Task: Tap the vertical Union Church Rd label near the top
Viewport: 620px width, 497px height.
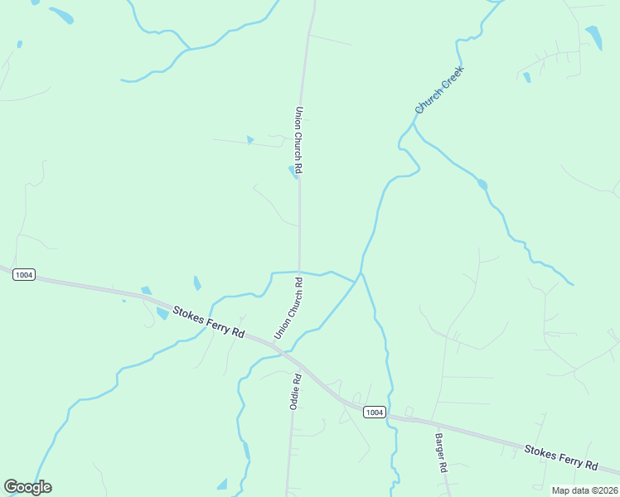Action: [x=298, y=140]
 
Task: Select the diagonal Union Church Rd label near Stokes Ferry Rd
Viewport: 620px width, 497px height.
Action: [x=288, y=308]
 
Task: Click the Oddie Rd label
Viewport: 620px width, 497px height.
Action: [x=294, y=390]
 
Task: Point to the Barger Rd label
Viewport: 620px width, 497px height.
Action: [x=442, y=452]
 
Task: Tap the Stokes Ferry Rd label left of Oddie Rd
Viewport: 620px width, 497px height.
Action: [x=208, y=322]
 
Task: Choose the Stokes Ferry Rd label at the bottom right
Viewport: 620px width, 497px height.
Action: [x=561, y=457]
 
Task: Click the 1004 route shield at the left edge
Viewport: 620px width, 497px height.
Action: [x=24, y=274]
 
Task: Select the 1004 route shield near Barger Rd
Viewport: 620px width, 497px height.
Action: [x=374, y=412]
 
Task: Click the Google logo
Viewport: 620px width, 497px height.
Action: [x=27, y=487]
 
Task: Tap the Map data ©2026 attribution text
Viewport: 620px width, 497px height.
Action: [x=584, y=490]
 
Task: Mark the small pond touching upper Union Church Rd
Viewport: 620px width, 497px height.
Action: [x=293, y=171]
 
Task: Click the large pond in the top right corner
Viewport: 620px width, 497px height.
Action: [x=594, y=37]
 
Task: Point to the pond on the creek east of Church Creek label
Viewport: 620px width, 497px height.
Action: [x=482, y=184]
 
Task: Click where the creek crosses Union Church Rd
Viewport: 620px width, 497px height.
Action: [x=300, y=271]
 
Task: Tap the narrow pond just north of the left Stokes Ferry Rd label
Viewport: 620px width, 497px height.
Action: [x=196, y=283]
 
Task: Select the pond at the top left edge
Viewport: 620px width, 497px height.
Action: [x=61, y=15]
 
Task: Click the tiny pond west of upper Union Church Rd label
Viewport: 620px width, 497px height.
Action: [x=249, y=140]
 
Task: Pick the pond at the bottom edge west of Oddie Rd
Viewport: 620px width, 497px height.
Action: [x=222, y=484]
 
